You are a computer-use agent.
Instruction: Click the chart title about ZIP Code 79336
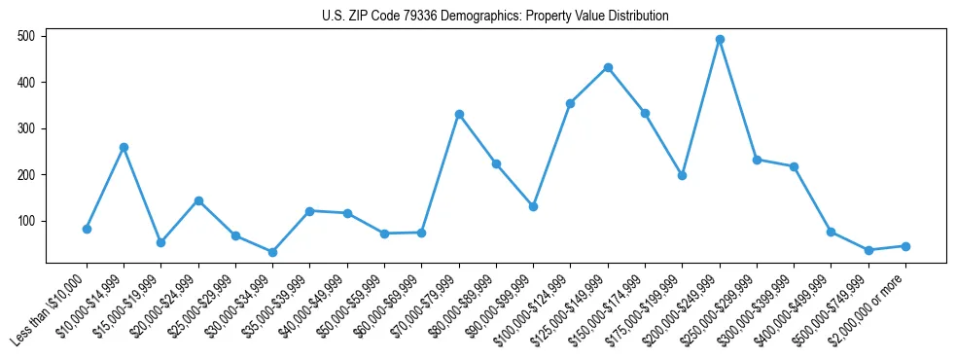(495, 17)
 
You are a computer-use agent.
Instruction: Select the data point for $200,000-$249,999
(720, 40)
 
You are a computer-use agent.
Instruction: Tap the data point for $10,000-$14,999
(124, 147)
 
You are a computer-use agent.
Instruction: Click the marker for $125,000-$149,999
(608, 67)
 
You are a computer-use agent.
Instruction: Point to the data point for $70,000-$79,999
(459, 114)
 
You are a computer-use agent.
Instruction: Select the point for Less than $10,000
(87, 229)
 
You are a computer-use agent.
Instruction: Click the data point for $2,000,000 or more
(905, 246)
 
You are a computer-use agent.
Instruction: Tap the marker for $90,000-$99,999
(533, 206)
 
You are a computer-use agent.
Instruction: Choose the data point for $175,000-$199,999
(682, 175)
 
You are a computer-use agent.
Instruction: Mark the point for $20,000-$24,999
(198, 200)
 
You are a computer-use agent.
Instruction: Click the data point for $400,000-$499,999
(831, 232)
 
